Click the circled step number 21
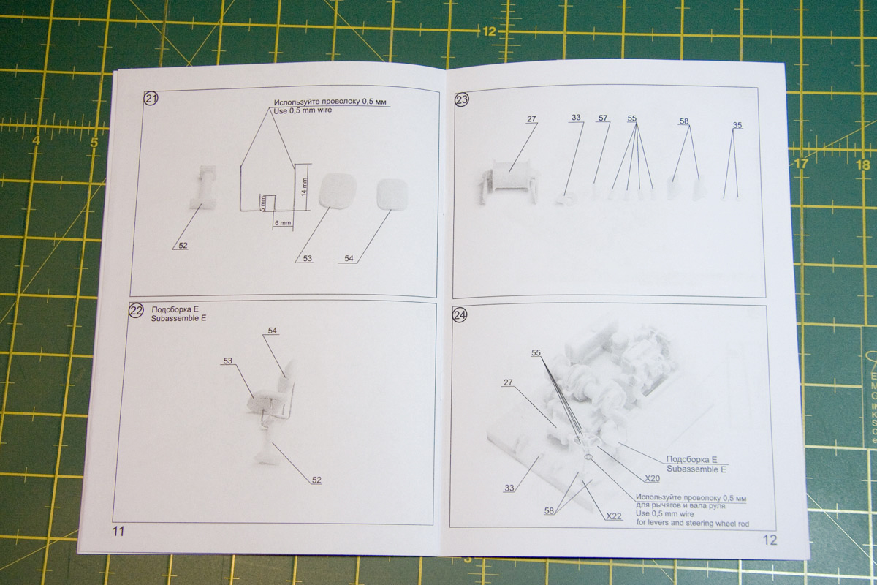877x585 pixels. (151, 99)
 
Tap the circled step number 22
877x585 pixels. (136, 312)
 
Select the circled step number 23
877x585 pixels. (462, 99)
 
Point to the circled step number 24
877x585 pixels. (460, 315)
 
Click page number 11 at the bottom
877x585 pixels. (118, 531)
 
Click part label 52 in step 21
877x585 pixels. (183, 246)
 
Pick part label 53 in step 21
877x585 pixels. (306, 258)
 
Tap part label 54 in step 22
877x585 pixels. (272, 331)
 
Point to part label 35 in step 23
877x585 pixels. (737, 126)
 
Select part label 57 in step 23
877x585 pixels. (602, 118)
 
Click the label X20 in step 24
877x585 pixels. (652, 478)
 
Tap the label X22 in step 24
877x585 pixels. (614, 516)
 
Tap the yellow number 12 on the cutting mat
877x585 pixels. (489, 31)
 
